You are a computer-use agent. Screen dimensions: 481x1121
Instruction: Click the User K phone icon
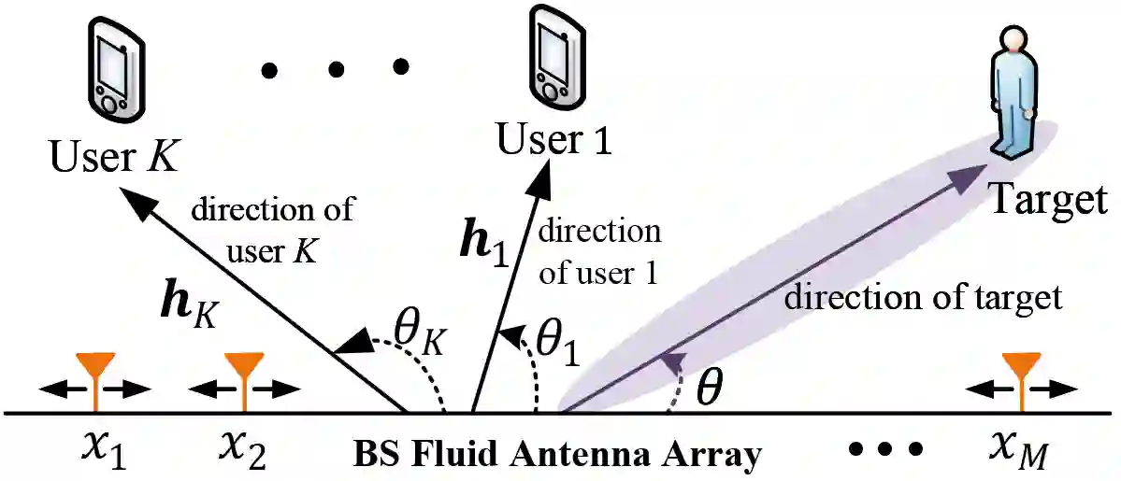pos(112,67)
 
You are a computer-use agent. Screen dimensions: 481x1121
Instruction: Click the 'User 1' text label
pos(553,139)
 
